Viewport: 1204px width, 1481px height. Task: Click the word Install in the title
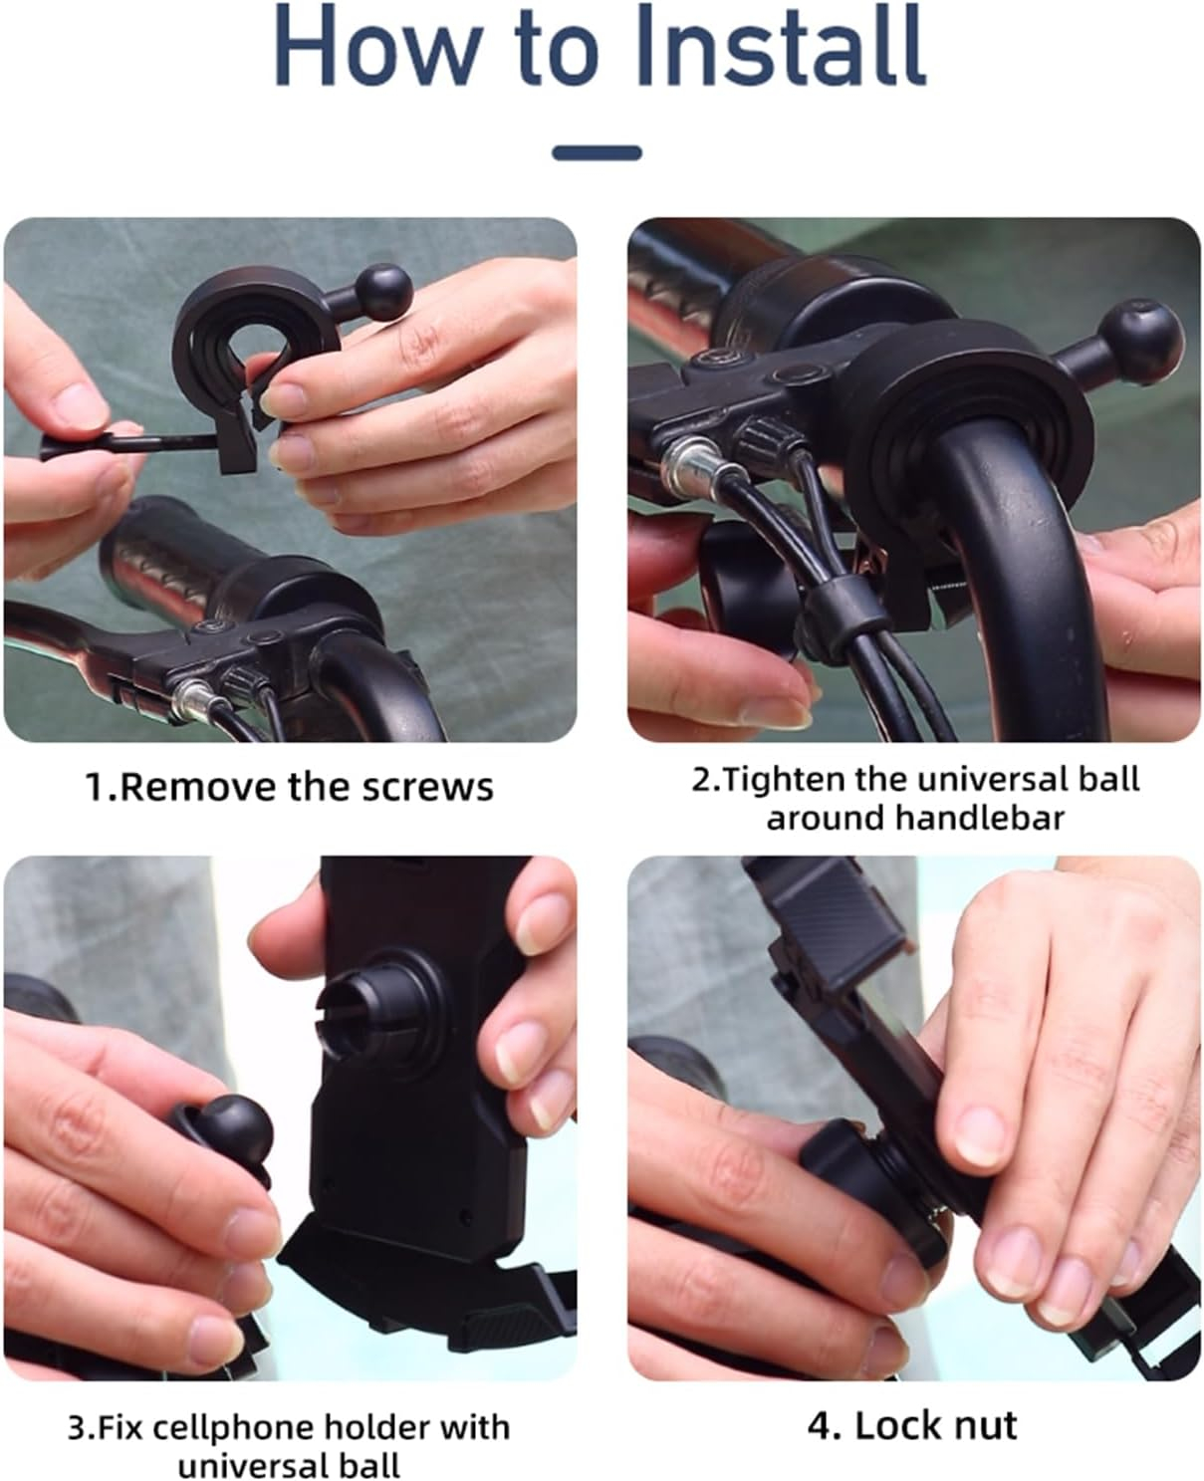pos(779,44)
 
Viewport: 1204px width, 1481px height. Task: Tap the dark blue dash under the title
pos(597,152)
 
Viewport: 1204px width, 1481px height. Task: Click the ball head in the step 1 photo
pos(384,292)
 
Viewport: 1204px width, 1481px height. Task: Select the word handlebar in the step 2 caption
pos(979,818)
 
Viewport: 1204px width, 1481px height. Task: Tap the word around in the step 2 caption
pos(825,819)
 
